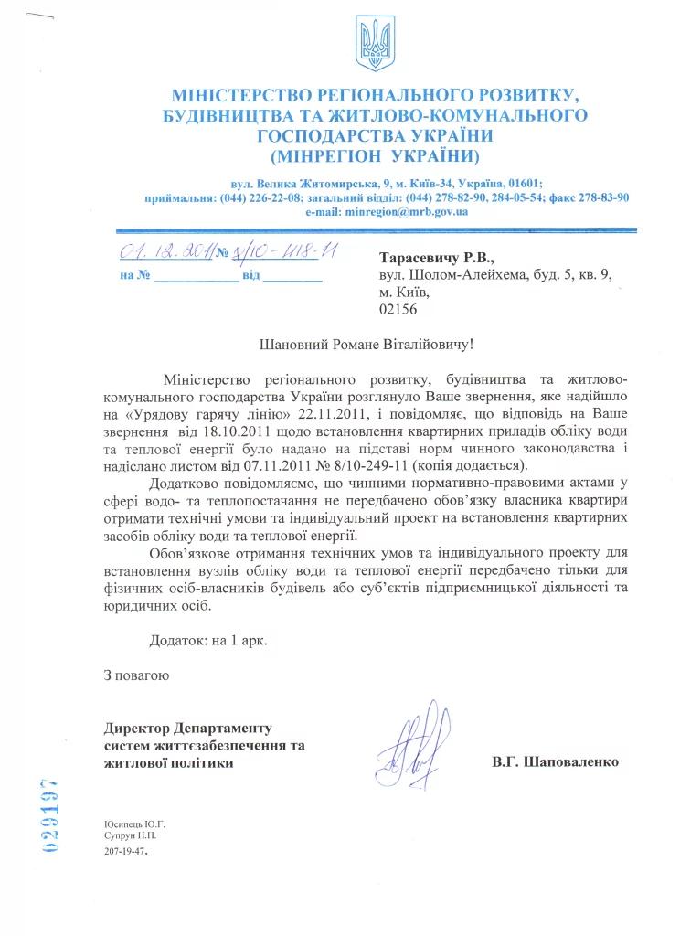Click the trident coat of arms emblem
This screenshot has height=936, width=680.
pyautogui.click(x=374, y=45)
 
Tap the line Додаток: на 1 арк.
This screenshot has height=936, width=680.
pyautogui.click(x=210, y=641)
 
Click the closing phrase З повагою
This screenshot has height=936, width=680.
pyautogui.click(x=136, y=676)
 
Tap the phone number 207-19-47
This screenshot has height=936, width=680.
pyautogui.click(x=127, y=850)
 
